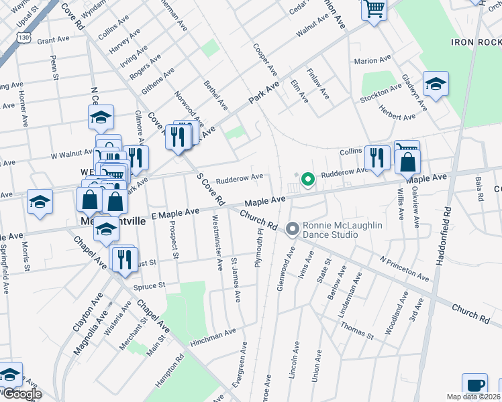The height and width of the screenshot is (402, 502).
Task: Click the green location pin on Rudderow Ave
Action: (x=307, y=180)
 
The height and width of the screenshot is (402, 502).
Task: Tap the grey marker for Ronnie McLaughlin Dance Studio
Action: (x=292, y=230)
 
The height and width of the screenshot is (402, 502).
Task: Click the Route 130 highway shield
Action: (x=23, y=38)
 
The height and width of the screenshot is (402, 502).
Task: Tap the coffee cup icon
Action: (x=475, y=386)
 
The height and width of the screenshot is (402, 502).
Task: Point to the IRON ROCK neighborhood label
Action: (x=476, y=42)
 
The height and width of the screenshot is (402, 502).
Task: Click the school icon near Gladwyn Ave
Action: (x=436, y=84)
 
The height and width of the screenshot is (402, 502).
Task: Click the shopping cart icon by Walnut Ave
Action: (x=374, y=9)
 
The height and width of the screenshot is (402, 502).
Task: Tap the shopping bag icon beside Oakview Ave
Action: (x=407, y=162)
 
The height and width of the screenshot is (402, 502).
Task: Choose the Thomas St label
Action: (x=356, y=330)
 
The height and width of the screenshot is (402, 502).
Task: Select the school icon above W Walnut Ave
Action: (x=101, y=118)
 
